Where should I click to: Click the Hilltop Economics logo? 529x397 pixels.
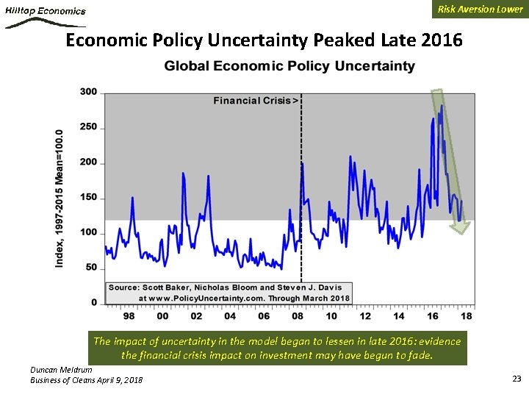click(46, 15)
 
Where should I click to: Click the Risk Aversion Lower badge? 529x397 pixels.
click(480, 9)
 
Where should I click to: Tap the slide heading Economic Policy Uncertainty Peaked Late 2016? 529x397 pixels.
click(264, 40)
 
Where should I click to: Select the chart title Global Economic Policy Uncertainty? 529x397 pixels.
click(289, 66)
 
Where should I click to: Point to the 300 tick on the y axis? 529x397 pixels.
click(88, 92)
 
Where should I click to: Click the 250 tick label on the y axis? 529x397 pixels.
click(88, 127)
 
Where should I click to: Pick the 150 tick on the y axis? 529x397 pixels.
click(88, 197)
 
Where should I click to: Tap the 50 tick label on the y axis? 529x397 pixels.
click(91, 268)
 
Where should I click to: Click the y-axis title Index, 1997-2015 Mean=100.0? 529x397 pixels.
click(60, 198)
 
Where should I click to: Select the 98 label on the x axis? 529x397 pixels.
click(129, 316)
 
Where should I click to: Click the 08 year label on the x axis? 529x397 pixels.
click(298, 316)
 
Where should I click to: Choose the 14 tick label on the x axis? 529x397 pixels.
click(399, 316)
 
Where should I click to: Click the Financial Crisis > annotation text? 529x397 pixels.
click(256, 100)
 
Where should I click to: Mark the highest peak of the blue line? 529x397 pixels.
click(442, 106)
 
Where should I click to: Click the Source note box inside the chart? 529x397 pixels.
click(230, 293)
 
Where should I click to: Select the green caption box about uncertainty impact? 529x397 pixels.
click(277, 348)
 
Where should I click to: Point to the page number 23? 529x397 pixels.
click(516, 378)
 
